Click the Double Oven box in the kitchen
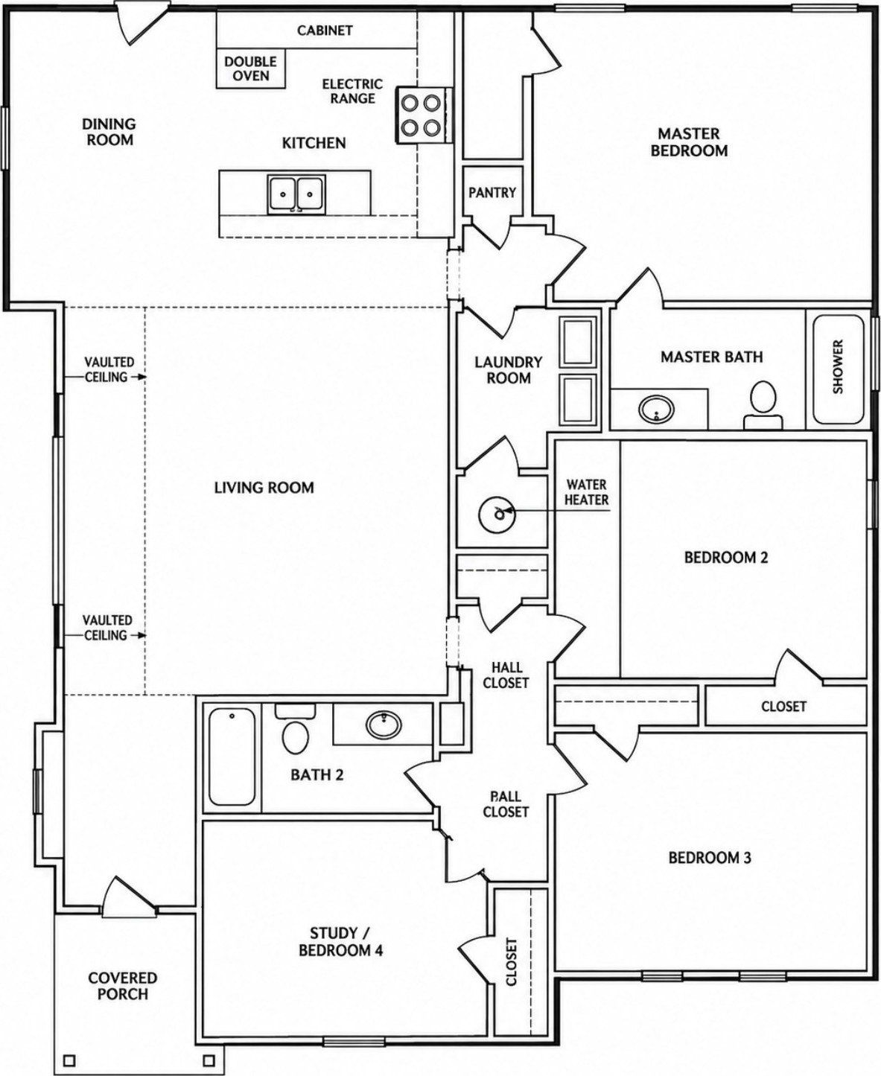(x=250, y=69)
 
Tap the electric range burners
(x=421, y=115)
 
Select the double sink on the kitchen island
(x=296, y=194)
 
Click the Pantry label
(x=492, y=192)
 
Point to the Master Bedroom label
(x=689, y=142)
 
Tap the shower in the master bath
(x=838, y=370)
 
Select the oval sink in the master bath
(x=657, y=409)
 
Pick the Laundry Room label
(x=509, y=370)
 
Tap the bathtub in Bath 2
(x=232, y=757)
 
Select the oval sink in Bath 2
(x=384, y=725)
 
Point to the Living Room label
(x=264, y=488)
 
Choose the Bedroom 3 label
(x=710, y=858)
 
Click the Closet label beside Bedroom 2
(x=783, y=706)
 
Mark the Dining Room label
(x=109, y=132)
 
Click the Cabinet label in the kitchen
(x=325, y=30)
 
